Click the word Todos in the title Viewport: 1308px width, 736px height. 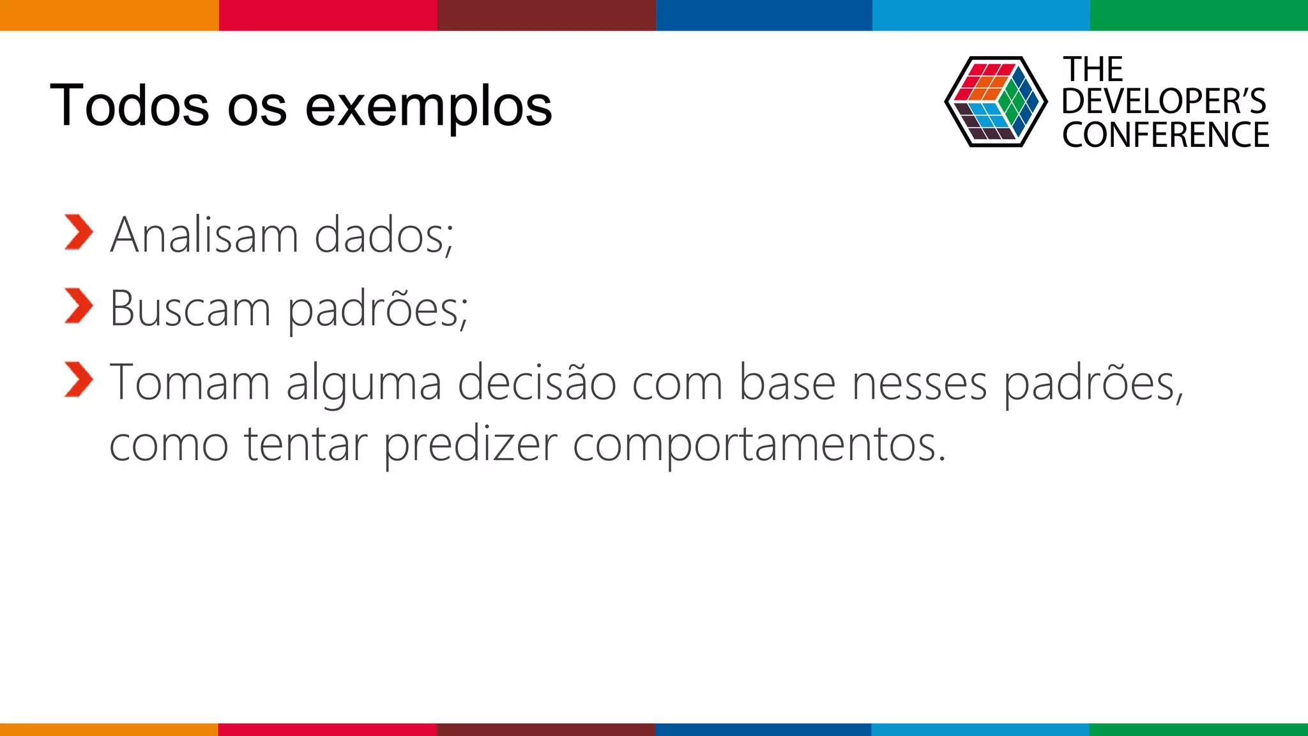(x=129, y=105)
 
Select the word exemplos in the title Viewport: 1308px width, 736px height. (x=429, y=107)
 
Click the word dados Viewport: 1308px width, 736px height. (x=383, y=235)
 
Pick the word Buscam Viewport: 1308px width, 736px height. (x=190, y=309)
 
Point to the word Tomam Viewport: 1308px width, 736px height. (x=190, y=383)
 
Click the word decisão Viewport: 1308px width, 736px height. (x=537, y=383)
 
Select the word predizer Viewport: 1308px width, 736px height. (x=470, y=445)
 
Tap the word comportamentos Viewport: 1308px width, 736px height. (x=759, y=445)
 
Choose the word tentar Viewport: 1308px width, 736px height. (x=306, y=445)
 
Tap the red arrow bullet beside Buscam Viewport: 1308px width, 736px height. (x=79, y=306)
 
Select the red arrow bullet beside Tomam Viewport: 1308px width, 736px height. (x=79, y=379)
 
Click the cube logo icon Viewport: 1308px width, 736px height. (x=995, y=102)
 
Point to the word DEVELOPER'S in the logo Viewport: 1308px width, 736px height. (x=1164, y=102)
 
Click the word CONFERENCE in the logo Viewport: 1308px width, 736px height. (x=1166, y=135)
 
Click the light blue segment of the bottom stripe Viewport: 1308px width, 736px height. (x=980, y=729)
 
